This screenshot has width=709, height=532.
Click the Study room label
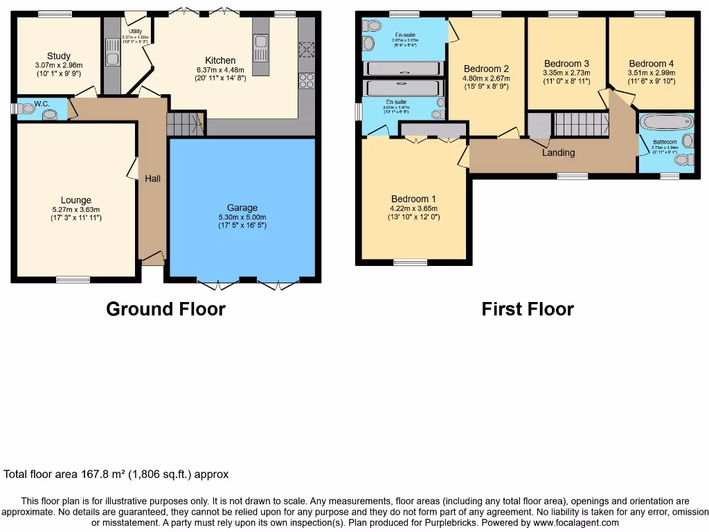point(59,56)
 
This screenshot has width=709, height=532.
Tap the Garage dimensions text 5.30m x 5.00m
point(242,216)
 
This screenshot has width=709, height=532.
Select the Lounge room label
point(75,200)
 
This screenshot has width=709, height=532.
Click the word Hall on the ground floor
point(152,179)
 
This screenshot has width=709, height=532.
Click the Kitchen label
point(220,60)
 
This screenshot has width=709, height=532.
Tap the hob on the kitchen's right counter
point(306,81)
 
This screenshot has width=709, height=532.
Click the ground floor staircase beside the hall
point(184,125)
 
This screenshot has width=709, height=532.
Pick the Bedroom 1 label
point(413,199)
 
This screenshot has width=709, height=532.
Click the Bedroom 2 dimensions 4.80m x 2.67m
point(486,78)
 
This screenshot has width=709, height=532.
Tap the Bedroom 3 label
point(566,63)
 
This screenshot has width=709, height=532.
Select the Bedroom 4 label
point(651,63)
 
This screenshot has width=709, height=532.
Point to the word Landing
point(558,153)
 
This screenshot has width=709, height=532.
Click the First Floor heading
point(528,309)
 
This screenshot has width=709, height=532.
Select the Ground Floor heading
point(165,309)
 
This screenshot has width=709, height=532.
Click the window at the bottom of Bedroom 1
point(411,262)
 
